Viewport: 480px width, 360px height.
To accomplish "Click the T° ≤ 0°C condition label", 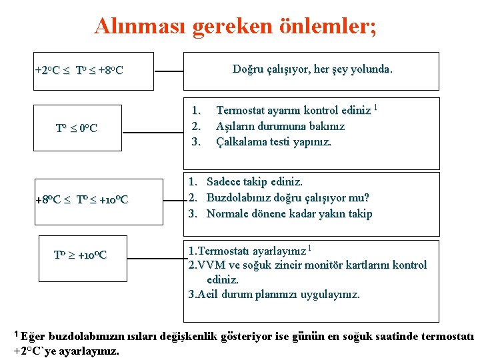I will pyautogui.click(x=76, y=128).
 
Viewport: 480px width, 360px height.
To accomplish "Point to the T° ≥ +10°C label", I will pyautogui.click(x=80, y=255).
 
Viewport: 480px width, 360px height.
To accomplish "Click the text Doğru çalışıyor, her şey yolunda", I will pyautogui.click(x=313, y=69).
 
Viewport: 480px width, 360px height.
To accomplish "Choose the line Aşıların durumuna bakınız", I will pyautogui.click(x=281, y=126).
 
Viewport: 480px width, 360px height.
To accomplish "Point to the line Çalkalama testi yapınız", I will pyautogui.click(x=274, y=141).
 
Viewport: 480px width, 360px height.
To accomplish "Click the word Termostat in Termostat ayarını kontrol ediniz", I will pyautogui.click(x=241, y=111).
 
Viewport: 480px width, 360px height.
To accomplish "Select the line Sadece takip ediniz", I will pyautogui.click(x=255, y=181).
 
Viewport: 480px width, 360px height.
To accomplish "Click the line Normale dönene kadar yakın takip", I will pyautogui.click(x=289, y=213).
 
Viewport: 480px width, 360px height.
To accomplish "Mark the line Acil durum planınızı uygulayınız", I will pyautogui.click(x=274, y=294).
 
